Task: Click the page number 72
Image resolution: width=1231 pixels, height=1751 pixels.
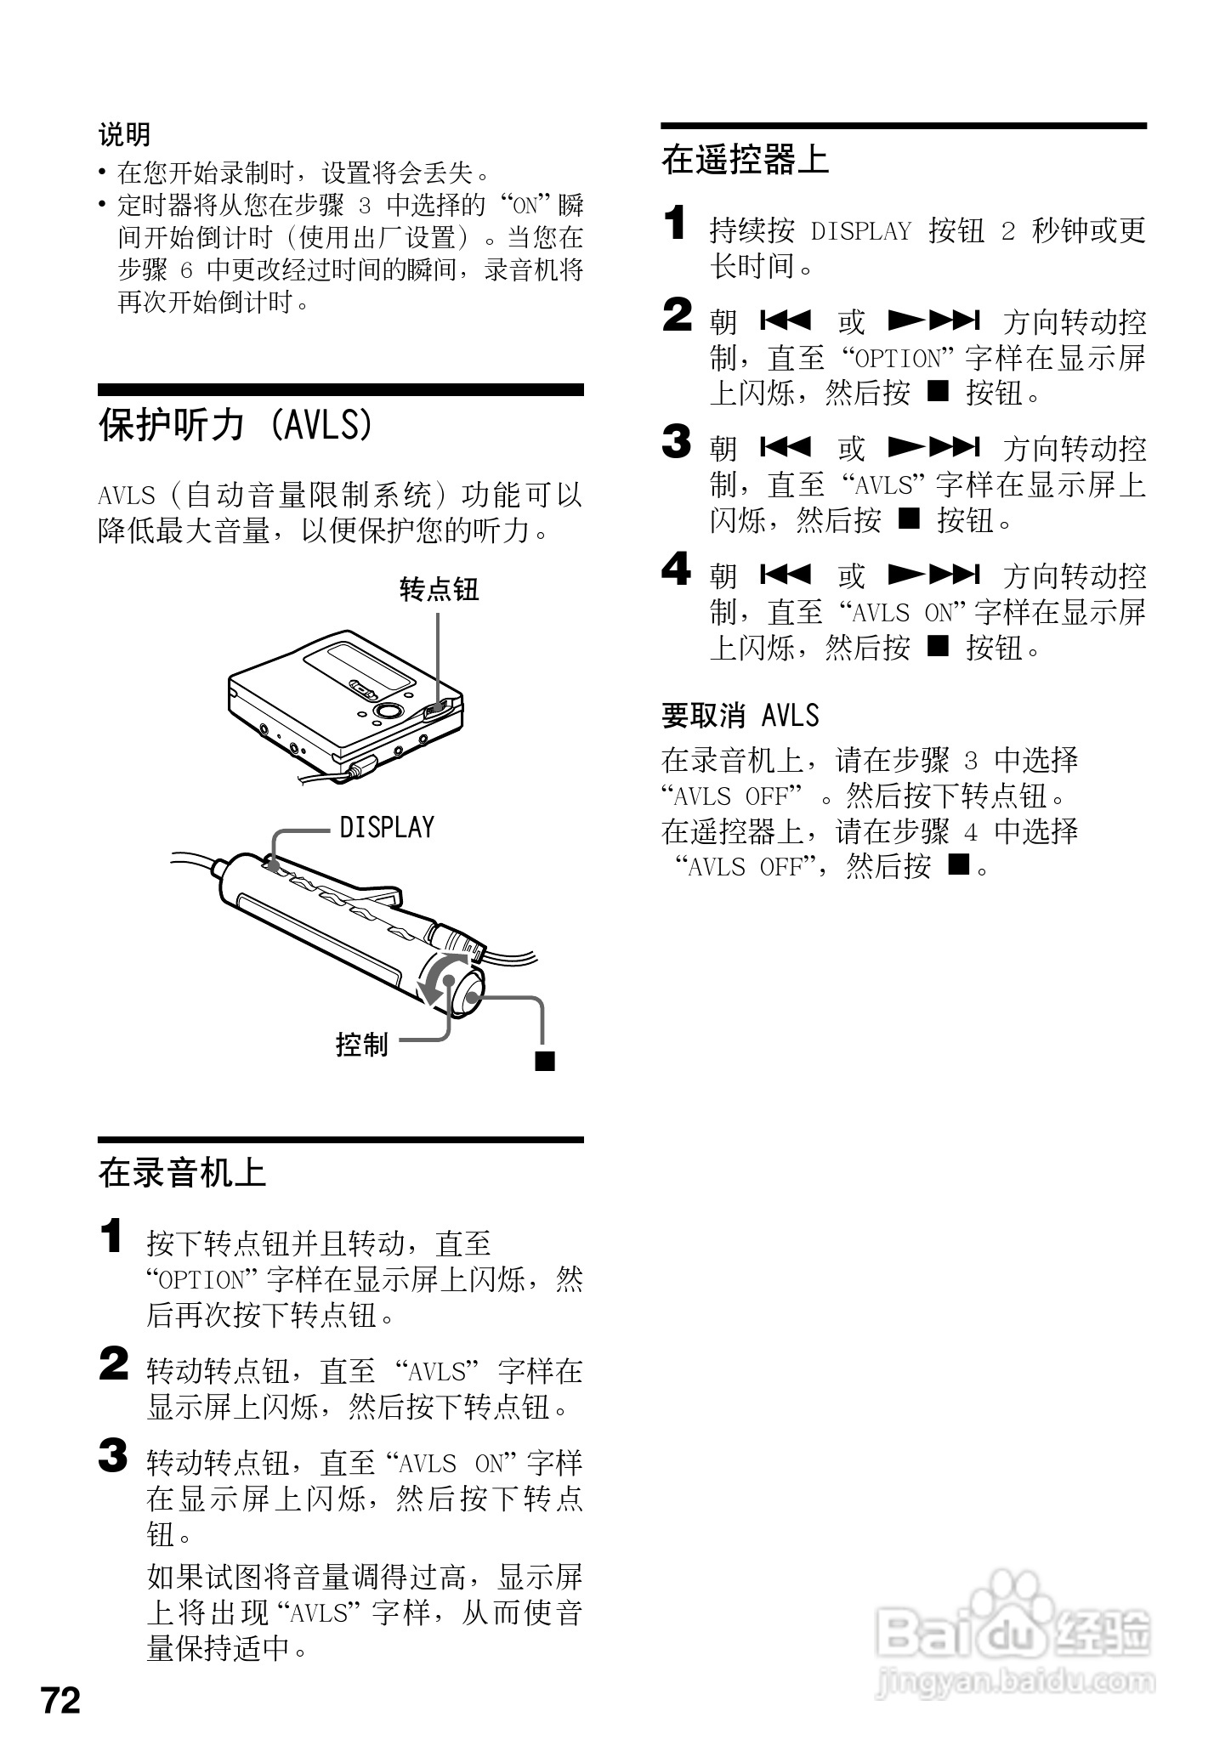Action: pyautogui.click(x=60, y=1700)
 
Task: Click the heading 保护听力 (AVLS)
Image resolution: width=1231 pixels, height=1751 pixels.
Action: pyautogui.click(x=236, y=424)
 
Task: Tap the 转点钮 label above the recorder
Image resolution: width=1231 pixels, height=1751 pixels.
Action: pyautogui.click(x=439, y=589)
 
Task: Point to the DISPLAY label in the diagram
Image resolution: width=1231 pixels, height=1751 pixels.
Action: pyautogui.click(x=387, y=827)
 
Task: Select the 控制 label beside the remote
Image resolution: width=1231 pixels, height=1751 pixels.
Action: pyautogui.click(x=361, y=1044)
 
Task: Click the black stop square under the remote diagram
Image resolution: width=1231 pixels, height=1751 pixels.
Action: pyautogui.click(x=544, y=1061)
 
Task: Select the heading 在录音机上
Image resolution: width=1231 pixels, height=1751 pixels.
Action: pyautogui.click(x=182, y=1173)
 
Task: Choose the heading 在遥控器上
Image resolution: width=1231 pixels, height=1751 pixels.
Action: pyautogui.click(x=745, y=159)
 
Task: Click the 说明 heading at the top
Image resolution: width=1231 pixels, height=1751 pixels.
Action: pyautogui.click(x=124, y=134)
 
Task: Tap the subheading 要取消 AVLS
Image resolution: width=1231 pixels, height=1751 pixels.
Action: pyautogui.click(x=740, y=716)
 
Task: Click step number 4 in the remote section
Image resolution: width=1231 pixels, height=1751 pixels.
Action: pyautogui.click(x=677, y=569)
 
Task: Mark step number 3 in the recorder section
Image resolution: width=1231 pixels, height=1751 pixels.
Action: pyautogui.click(x=113, y=1456)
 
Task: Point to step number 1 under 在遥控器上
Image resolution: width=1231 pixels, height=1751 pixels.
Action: pyautogui.click(x=674, y=224)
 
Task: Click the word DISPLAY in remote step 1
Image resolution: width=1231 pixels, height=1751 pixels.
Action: pyautogui.click(x=860, y=231)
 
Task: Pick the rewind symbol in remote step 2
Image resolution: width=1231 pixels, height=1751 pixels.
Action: pyautogui.click(x=786, y=321)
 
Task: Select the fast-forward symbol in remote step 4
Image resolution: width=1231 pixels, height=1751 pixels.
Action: pyautogui.click(x=933, y=575)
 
